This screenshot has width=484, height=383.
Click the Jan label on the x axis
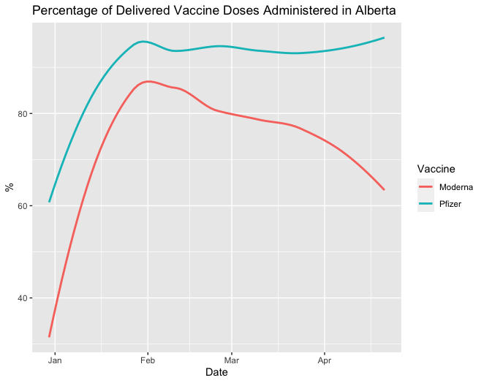click(55, 360)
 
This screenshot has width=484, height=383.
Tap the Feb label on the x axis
click(148, 360)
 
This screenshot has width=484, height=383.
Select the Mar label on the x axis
click(232, 360)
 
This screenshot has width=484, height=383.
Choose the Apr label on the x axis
click(324, 360)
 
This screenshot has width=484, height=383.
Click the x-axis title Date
click(216, 373)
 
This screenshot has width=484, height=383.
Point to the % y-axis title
click(10, 186)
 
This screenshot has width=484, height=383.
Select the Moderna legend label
click(455, 187)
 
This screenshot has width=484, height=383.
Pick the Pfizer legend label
click(450, 204)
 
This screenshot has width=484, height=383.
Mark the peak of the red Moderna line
click(148, 81)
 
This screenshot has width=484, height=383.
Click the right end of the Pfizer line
click(384, 37)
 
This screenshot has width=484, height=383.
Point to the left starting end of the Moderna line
click(50, 336)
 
